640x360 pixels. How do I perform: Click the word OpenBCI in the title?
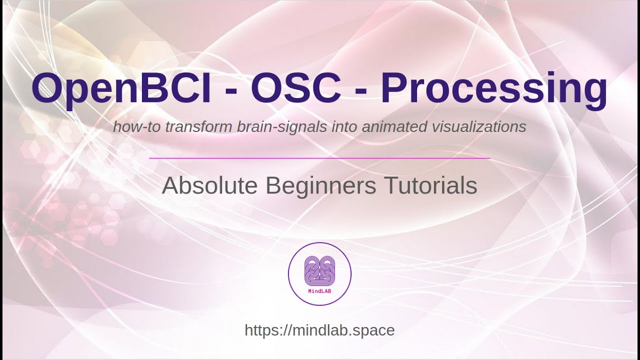[x=121, y=88]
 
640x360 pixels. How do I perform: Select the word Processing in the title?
[x=494, y=88]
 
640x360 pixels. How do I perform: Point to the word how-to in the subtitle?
[x=130, y=127]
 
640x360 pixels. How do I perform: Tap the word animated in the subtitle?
[x=392, y=127]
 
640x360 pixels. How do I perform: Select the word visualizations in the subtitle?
[x=478, y=127]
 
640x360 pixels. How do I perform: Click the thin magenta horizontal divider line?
[x=319, y=158]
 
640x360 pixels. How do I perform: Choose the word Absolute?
[x=209, y=186]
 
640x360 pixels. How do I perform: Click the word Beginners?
[x=320, y=186]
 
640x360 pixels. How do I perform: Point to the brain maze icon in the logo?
[x=319, y=270]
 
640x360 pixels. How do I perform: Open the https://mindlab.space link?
[x=319, y=330]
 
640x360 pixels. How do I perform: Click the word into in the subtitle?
[x=345, y=127]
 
